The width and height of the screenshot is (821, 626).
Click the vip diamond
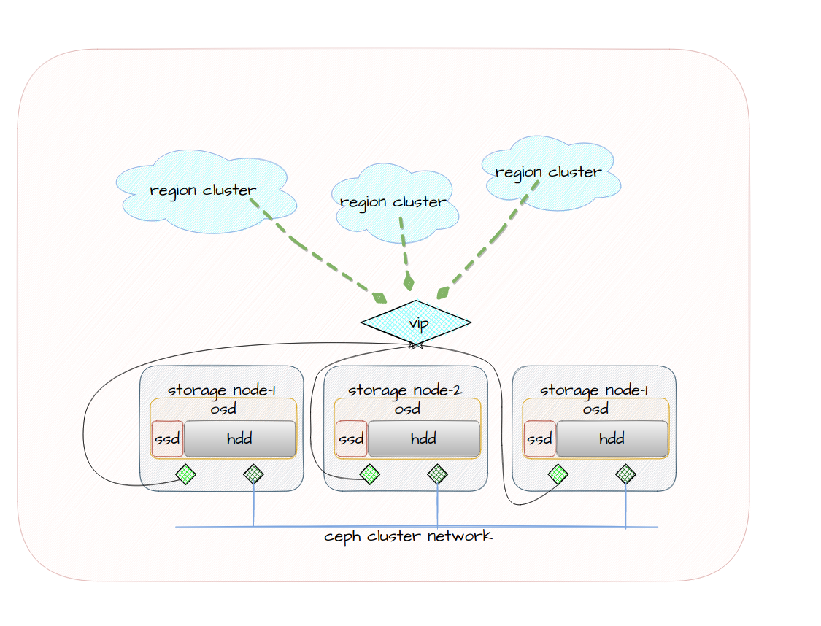pyautogui.click(x=416, y=322)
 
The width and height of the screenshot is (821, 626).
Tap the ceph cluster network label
pyautogui.click(x=408, y=536)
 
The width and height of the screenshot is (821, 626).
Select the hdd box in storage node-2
pyautogui.click(x=424, y=438)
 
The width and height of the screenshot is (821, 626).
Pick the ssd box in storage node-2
pyautogui.click(x=351, y=439)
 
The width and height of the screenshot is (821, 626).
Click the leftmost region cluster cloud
pyautogui.click(x=204, y=191)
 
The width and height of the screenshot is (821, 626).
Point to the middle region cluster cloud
pyautogui.click(x=394, y=202)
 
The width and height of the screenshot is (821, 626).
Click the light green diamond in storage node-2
pyautogui.click(x=370, y=474)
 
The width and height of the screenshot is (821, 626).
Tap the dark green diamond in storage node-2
pyautogui.click(x=437, y=474)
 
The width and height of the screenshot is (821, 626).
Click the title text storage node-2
pyautogui.click(x=405, y=390)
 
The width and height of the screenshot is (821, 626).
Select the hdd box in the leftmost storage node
pyautogui.click(x=240, y=438)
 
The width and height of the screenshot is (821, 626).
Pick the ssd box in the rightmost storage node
pyautogui.click(x=539, y=439)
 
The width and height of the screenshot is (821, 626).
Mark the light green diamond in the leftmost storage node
pyautogui.click(x=186, y=474)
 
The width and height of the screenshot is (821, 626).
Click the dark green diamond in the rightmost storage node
pyautogui.click(x=625, y=474)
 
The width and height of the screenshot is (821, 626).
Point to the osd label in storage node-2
pyautogui.click(x=406, y=409)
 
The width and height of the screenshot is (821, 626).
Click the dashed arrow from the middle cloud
pyautogui.click(x=404, y=248)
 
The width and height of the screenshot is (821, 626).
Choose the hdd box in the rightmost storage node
pyautogui.click(x=612, y=438)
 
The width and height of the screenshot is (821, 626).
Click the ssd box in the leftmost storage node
pyautogui.click(x=167, y=439)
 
